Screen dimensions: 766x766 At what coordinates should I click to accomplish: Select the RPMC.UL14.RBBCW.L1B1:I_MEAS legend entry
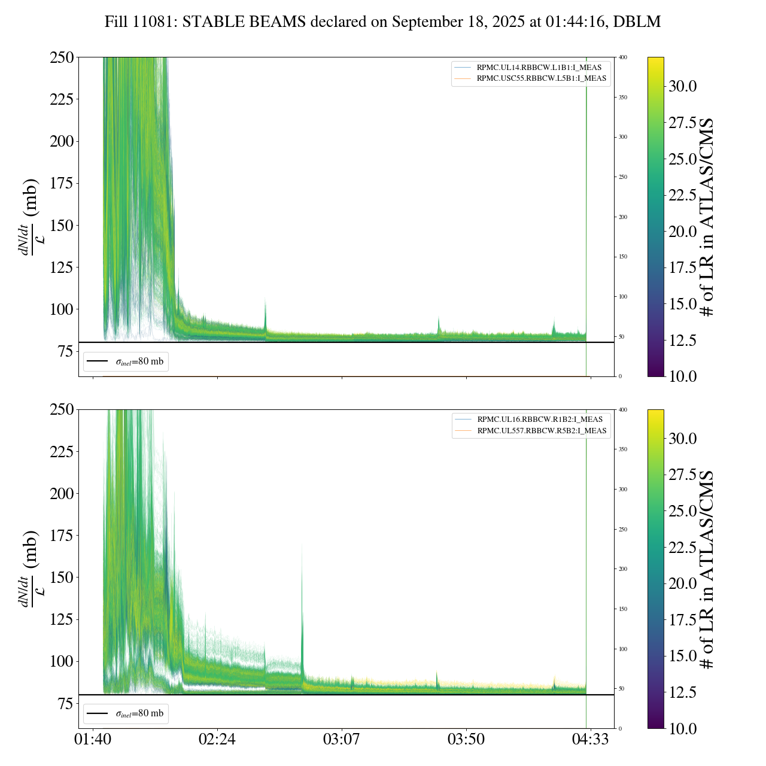pyautogui.click(x=539, y=68)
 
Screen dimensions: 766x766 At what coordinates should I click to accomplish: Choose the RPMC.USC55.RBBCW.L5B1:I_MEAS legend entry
pyautogui.click(x=541, y=78)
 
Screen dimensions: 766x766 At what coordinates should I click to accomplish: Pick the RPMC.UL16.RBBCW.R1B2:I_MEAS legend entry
pyautogui.click(x=539, y=420)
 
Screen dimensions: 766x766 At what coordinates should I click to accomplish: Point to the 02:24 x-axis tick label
pyautogui.click(x=217, y=739)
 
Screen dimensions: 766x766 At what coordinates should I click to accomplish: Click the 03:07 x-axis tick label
pyautogui.click(x=342, y=739)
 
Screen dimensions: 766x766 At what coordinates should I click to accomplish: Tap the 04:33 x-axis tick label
pyautogui.click(x=591, y=739)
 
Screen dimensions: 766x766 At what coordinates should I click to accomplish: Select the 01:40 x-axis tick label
pyautogui.click(x=93, y=739)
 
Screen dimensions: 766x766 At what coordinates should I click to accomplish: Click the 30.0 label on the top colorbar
pyautogui.click(x=682, y=86)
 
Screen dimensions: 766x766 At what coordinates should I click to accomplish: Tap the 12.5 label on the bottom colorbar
pyautogui.click(x=682, y=692)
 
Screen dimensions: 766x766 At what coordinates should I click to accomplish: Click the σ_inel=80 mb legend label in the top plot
pyautogui.click(x=139, y=361)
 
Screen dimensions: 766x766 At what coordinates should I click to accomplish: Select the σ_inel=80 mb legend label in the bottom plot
pyautogui.click(x=139, y=713)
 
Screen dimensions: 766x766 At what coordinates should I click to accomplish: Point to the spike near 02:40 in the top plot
pyautogui.click(x=265, y=311)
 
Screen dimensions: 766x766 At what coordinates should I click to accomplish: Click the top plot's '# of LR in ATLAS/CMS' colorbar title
pyautogui.click(x=707, y=217)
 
